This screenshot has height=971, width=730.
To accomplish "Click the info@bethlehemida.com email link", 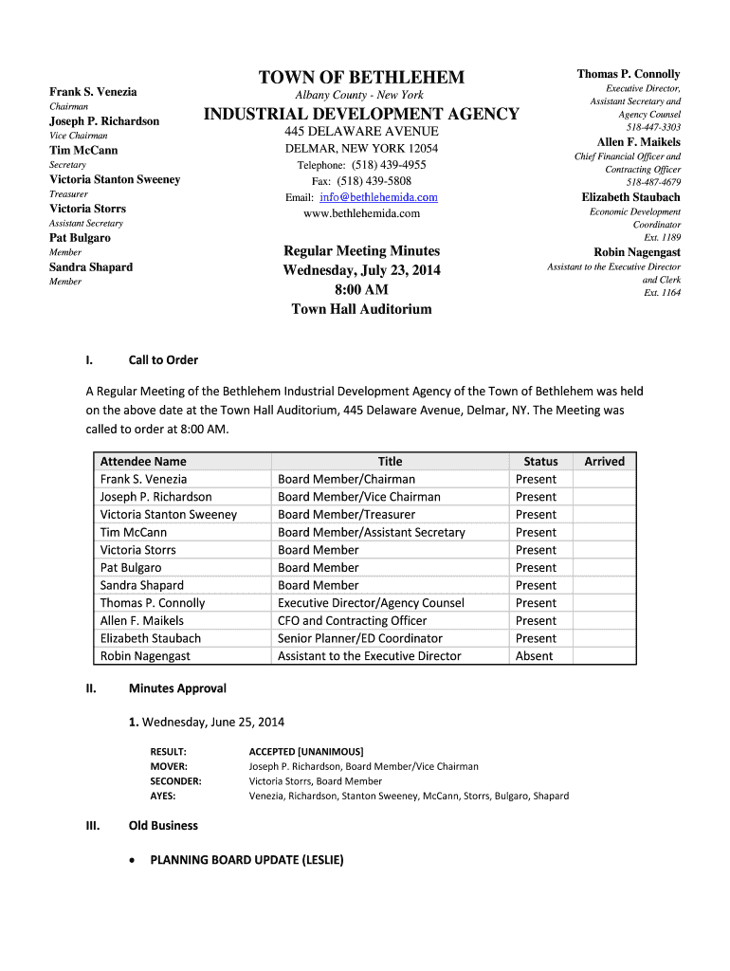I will coord(378,197).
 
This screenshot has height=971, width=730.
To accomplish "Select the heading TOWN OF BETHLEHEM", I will coord(362,77).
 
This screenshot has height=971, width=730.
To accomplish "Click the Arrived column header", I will coord(604,462).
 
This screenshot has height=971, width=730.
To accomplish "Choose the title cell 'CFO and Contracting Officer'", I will coord(352,621).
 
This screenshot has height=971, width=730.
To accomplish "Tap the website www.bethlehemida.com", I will coord(361,213).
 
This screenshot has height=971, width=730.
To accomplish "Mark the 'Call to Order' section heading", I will coord(163,360).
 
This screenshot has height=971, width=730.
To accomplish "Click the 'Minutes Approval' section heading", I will coord(177,688).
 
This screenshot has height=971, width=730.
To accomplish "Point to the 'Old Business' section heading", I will coord(163,826).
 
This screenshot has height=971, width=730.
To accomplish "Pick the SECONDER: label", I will coord(175,781).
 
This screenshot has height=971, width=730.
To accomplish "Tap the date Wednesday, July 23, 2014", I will coord(361,270).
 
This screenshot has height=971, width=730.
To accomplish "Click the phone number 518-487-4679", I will coord(653,182).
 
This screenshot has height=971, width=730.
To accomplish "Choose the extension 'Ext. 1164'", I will coord(662,293).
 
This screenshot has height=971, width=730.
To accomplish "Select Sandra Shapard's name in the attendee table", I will coord(142,586).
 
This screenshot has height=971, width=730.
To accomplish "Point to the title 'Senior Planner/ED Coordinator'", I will coord(360,639).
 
